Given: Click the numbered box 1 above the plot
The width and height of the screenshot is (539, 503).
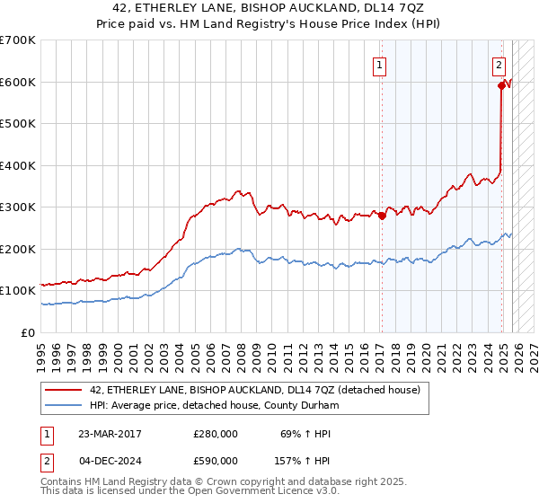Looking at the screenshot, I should (381, 65).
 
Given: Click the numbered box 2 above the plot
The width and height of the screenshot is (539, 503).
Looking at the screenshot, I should (499, 65).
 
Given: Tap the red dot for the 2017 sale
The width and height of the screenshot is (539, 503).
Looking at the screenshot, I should (381, 215).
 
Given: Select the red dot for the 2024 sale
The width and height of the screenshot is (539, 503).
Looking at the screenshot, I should (501, 86).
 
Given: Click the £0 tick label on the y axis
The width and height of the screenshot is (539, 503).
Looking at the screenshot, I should (29, 332).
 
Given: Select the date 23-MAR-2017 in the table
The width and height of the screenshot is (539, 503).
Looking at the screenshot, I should (110, 434).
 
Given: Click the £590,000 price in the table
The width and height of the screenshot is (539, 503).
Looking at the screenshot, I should (216, 461).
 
